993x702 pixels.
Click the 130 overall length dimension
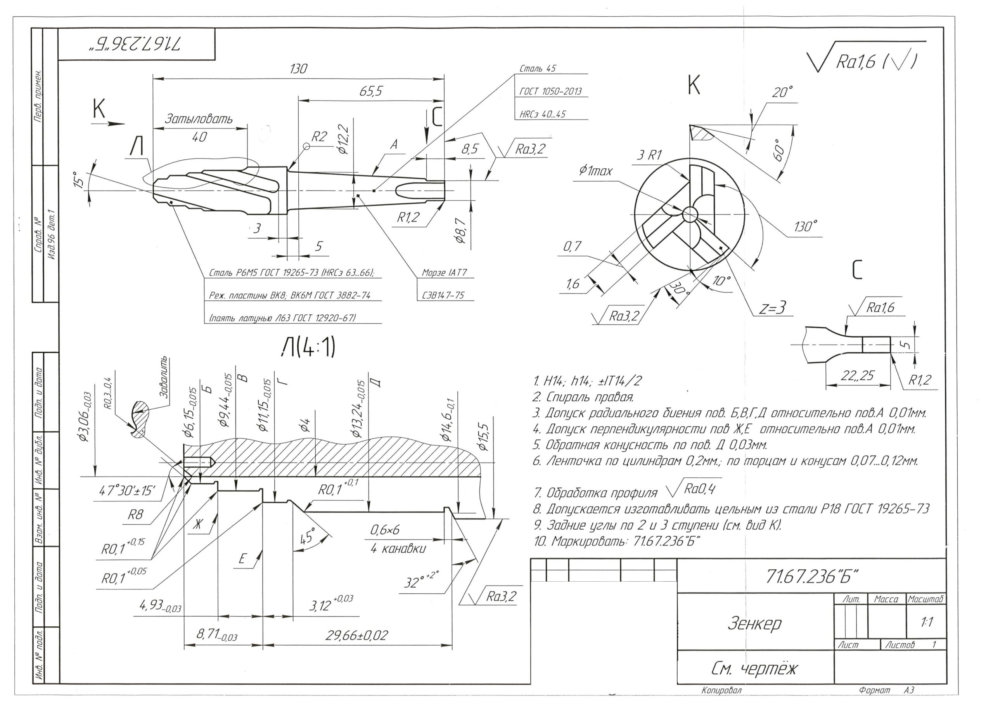click(x=298, y=69)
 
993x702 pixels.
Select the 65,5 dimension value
click(x=372, y=91)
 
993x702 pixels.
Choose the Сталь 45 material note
click(x=538, y=69)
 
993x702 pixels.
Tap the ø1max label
click(x=595, y=172)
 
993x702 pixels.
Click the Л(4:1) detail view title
click(x=308, y=348)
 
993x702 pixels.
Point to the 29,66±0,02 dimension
click(x=357, y=635)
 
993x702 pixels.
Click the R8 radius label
click(x=135, y=515)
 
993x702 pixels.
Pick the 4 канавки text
click(x=398, y=549)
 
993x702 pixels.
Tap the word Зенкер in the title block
click(x=755, y=623)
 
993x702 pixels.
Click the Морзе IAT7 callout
click(x=444, y=273)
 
